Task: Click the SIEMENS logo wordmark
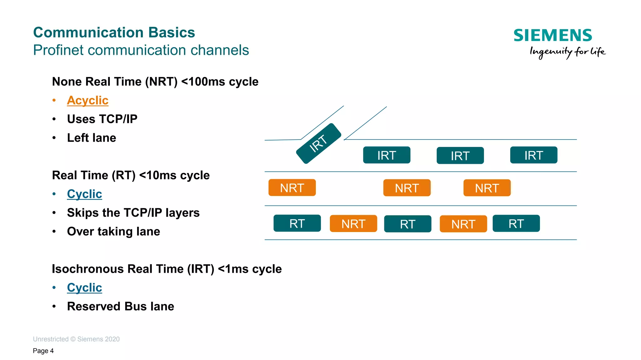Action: coord(552,35)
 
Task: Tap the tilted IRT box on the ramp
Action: coord(318,143)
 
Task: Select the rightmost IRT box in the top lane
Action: coord(534,155)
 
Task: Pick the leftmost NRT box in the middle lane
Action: coord(292,188)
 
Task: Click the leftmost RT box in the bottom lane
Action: coord(297,223)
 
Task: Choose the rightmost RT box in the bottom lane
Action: coord(516,223)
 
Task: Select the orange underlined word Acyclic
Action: coord(88,100)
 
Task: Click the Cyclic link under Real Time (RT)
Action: coord(85,194)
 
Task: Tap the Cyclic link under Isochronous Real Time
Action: coord(85,287)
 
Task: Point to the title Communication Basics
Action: coord(114,33)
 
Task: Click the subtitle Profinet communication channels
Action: coord(141,50)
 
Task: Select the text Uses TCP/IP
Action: coord(102,119)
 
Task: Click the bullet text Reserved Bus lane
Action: coord(121,306)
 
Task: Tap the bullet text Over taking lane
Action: coord(113,231)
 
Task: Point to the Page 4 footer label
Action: coord(43,351)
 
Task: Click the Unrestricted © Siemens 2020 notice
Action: coord(76,339)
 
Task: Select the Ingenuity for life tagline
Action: coord(567,52)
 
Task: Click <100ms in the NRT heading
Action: coord(203,82)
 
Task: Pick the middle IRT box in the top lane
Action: coord(460,155)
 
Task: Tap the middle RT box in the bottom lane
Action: coord(408,224)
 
